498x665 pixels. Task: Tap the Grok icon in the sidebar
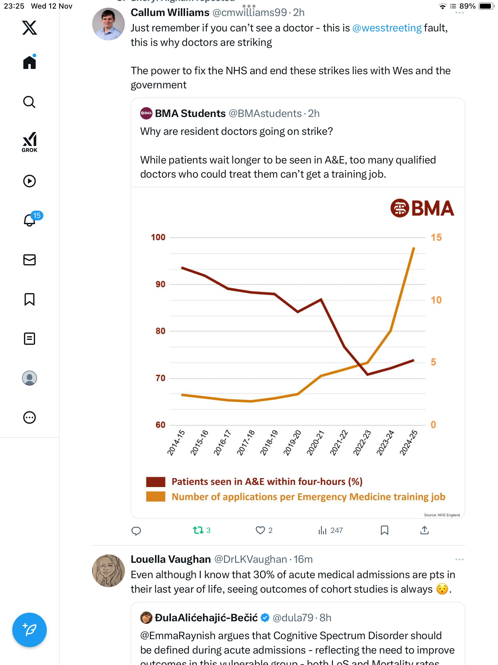pyautogui.click(x=30, y=142)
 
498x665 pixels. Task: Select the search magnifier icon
pyautogui.click(x=30, y=102)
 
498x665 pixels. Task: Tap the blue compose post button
pyautogui.click(x=30, y=630)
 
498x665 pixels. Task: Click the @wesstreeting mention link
pyautogui.click(x=387, y=28)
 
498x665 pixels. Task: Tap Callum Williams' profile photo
pyautogui.click(x=108, y=24)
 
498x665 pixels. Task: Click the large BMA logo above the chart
pyautogui.click(x=422, y=208)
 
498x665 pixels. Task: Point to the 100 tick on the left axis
pyautogui.click(x=158, y=237)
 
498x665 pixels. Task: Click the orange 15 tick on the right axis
pyautogui.click(x=436, y=237)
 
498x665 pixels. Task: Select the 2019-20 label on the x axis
pyautogui.click(x=292, y=443)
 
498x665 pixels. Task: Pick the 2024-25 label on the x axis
pyautogui.click(x=408, y=443)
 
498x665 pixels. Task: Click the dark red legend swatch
pyautogui.click(x=156, y=482)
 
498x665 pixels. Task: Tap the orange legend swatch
pyautogui.click(x=156, y=497)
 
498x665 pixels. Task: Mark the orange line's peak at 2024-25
pyautogui.click(x=414, y=248)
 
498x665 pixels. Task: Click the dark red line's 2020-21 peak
pyautogui.click(x=321, y=299)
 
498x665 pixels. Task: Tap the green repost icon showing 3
pyautogui.click(x=198, y=530)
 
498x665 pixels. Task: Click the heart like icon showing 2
pyautogui.click(x=260, y=530)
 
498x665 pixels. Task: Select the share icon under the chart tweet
pyautogui.click(x=424, y=530)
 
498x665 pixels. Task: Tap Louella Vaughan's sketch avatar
pyautogui.click(x=108, y=570)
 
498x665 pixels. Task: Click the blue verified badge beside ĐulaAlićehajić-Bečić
pyautogui.click(x=265, y=618)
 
